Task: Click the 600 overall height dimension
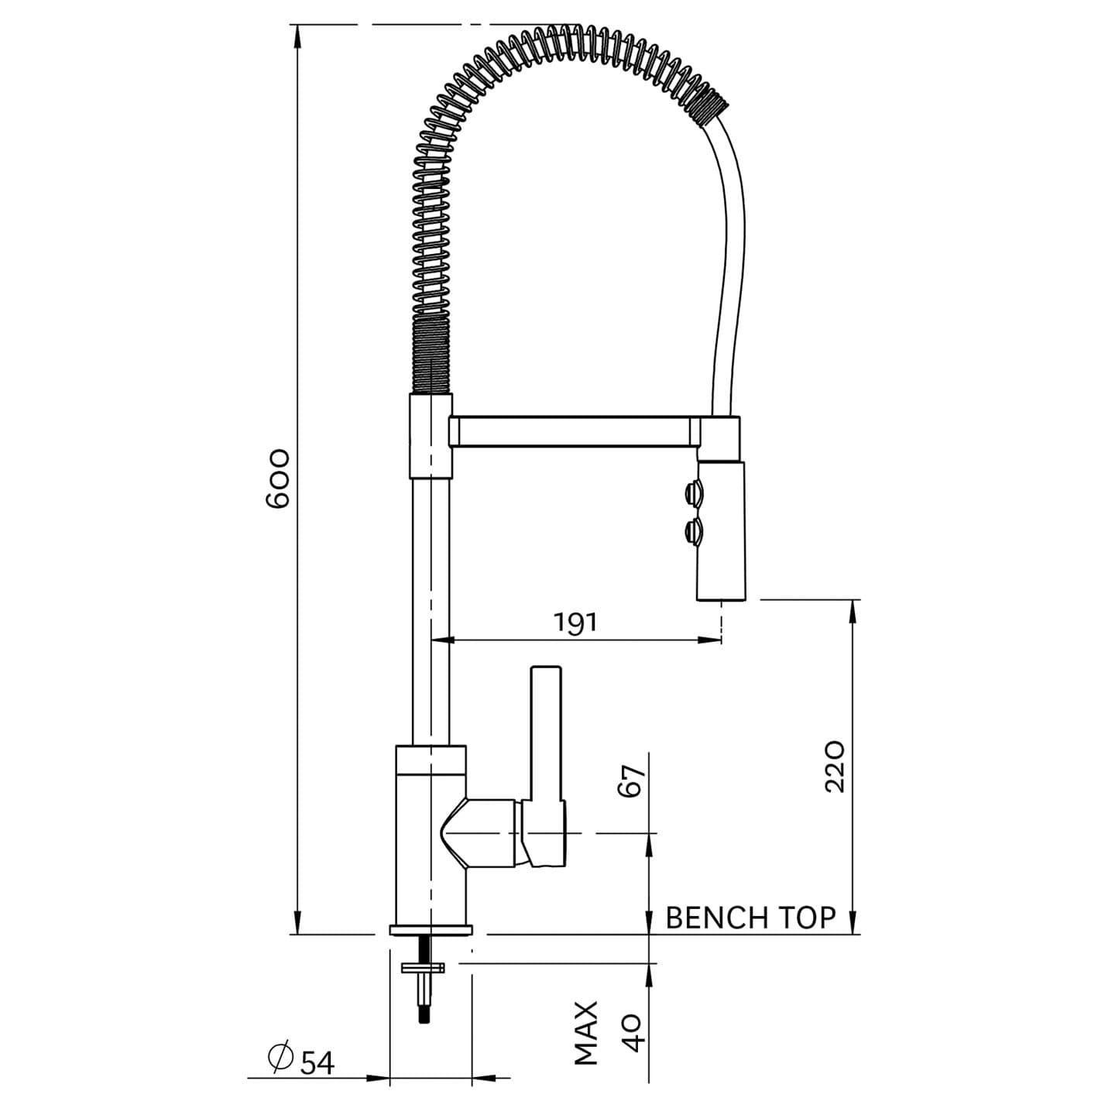[277, 478]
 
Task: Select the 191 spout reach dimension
[575, 622]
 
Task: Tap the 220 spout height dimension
[834, 766]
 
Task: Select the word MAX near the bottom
[586, 1032]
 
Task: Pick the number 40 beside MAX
[633, 1032]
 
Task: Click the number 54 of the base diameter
[317, 1063]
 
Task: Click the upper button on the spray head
[693, 493]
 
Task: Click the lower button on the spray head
[693, 533]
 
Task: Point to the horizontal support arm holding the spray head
[573, 432]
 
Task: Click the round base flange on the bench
[431, 929]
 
